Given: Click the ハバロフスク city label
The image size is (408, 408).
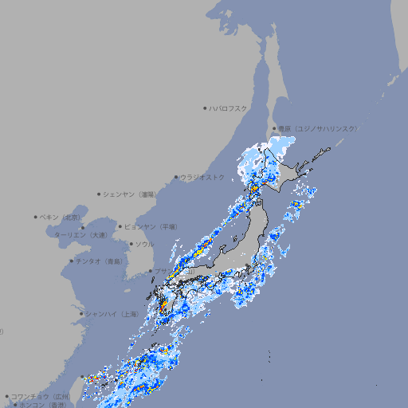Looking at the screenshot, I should [229, 108].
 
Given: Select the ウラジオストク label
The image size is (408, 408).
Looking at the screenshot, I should [202, 177].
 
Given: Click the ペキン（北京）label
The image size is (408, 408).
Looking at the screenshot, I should [61, 217].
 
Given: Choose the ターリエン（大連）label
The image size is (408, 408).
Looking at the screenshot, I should [80, 235].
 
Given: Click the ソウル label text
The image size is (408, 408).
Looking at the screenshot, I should [144, 244].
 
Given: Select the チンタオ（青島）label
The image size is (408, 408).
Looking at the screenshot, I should [100, 261].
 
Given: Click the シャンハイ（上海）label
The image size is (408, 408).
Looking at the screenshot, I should [112, 314].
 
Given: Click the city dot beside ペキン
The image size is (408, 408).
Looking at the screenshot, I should [36, 217].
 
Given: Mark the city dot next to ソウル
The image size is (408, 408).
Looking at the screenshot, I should [131, 244].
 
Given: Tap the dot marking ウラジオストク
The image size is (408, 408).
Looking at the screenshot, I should [176, 177].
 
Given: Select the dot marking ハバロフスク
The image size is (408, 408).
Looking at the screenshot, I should [205, 108].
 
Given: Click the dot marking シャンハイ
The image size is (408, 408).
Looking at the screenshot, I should [81, 314].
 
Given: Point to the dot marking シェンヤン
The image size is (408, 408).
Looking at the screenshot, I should [100, 194].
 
